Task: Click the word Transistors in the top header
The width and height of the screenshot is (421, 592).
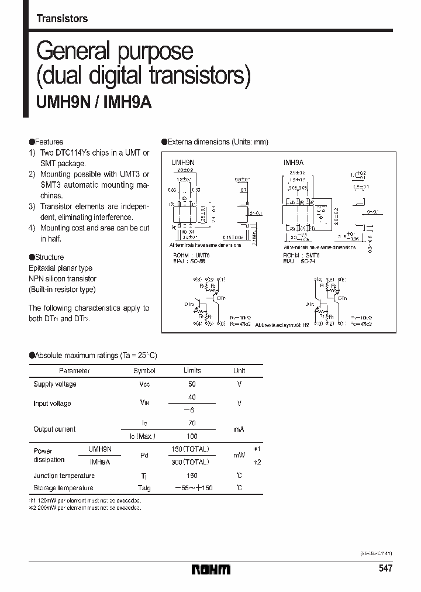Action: click(x=62, y=19)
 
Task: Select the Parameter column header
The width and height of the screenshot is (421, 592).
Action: click(x=74, y=370)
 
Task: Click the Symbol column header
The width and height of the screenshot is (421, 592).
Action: click(x=144, y=370)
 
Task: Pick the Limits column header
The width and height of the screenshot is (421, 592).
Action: click(x=192, y=370)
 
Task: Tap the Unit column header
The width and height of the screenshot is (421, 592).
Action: click(x=239, y=370)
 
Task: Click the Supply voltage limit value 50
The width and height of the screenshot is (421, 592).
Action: click(x=192, y=384)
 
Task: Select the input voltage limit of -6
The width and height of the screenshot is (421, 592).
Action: click(x=191, y=410)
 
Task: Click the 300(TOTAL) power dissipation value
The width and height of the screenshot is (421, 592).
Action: click(x=192, y=462)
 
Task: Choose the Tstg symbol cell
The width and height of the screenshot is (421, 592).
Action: click(x=144, y=488)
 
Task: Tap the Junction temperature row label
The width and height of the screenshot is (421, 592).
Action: click(x=64, y=476)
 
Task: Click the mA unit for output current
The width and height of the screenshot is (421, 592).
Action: click(x=239, y=429)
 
